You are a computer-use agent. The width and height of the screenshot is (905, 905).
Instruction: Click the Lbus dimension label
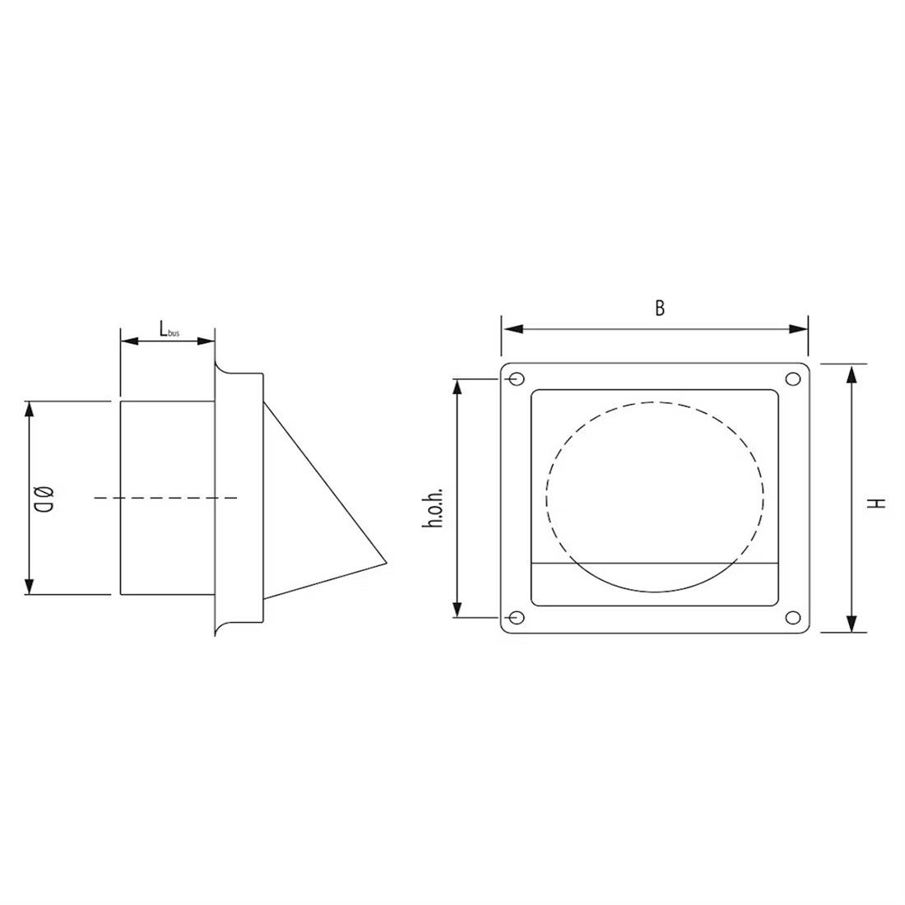pyautogui.click(x=168, y=329)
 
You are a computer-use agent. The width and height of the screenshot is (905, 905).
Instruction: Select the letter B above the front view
pyautogui.click(x=660, y=309)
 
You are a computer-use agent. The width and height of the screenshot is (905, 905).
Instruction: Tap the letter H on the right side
pyautogui.click(x=879, y=501)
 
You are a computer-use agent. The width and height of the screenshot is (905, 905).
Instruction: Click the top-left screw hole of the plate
pyautogui.click(x=516, y=379)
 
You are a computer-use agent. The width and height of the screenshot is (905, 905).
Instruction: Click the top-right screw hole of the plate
pyautogui.click(x=793, y=379)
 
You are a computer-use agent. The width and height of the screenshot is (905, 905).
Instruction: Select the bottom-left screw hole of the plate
pyautogui.click(x=516, y=618)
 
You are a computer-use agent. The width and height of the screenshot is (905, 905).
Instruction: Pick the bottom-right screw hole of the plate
pyautogui.click(x=793, y=618)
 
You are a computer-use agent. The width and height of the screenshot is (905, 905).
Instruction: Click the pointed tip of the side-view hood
pyautogui.click(x=386, y=564)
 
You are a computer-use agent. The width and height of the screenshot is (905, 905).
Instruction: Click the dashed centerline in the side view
pyautogui.click(x=165, y=498)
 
